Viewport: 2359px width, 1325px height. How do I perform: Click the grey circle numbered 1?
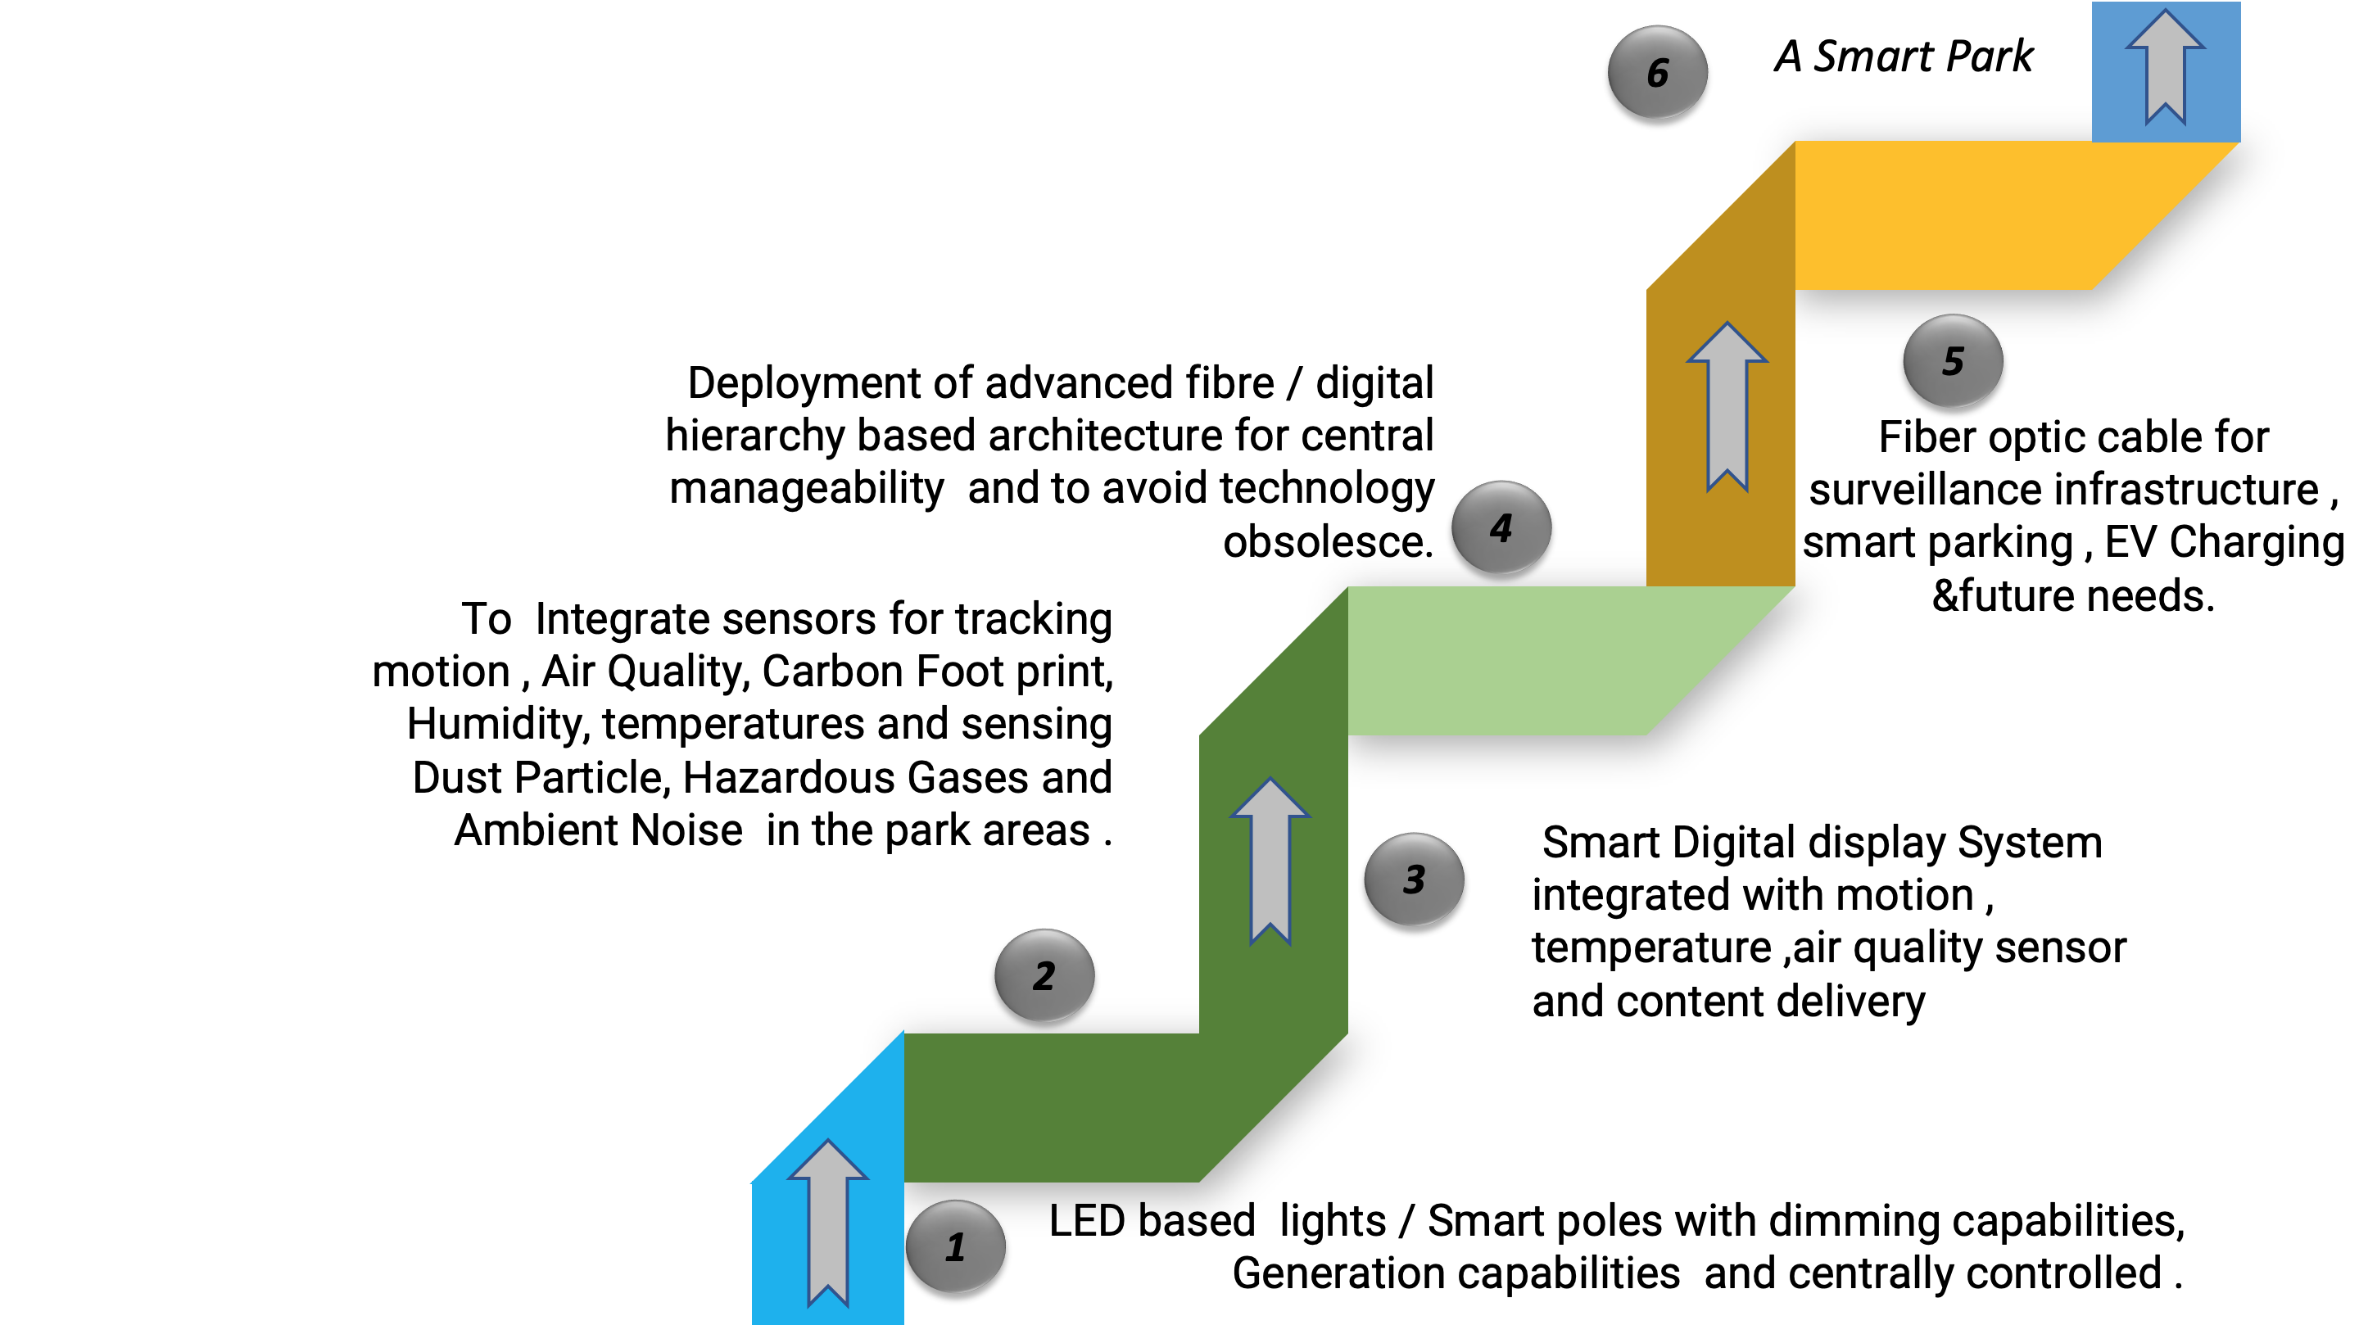pos(955,1246)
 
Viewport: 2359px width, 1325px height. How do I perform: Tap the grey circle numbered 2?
pos(1044,975)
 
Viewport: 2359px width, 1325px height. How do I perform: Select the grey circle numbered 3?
pos(1414,879)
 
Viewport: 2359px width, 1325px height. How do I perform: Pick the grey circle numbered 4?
pos(1501,527)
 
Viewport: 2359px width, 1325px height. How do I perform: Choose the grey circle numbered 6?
pos(1658,72)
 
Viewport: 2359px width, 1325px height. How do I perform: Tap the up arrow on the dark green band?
pos(1270,861)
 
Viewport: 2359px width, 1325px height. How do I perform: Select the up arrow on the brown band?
pos(1726,406)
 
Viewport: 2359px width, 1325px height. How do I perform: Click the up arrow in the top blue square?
pos(2165,66)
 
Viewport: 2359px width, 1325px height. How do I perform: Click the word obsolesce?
pos(1328,542)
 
